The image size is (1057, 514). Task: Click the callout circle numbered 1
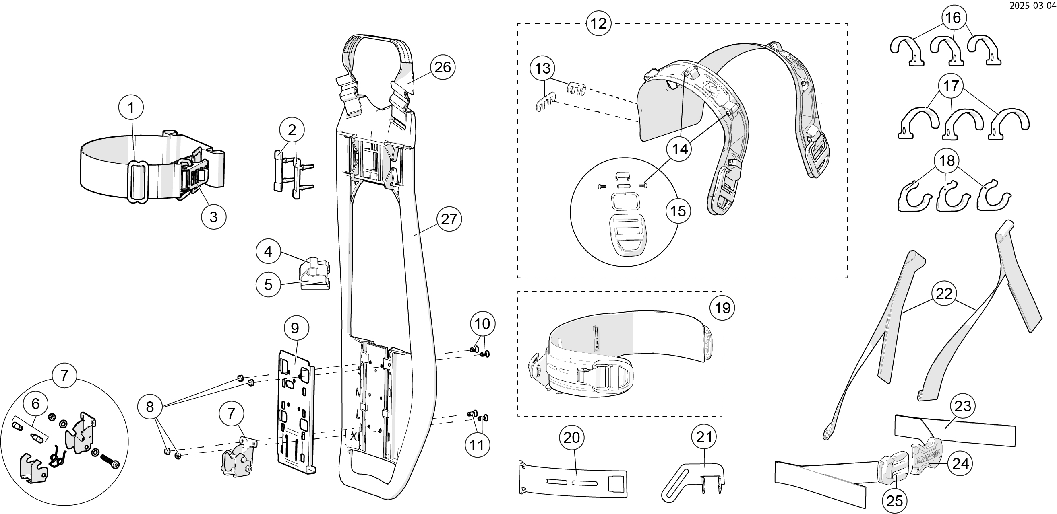tap(130, 107)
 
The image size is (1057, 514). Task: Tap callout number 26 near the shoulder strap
tap(443, 67)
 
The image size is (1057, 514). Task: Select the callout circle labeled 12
tap(599, 23)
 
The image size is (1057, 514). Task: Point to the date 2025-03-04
tap(1038, 6)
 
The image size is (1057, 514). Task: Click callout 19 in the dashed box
tap(722, 307)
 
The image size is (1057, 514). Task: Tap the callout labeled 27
tap(449, 219)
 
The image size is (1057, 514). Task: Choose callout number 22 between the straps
tap(944, 294)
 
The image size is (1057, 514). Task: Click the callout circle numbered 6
tap(36, 404)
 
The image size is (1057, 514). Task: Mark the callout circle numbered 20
tap(571, 438)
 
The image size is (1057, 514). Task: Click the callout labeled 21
tap(705, 437)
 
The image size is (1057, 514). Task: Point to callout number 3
tap(213, 216)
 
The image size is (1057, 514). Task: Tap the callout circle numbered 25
tap(895, 500)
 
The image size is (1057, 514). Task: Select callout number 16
tap(953, 18)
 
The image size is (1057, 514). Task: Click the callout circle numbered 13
tap(542, 68)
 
